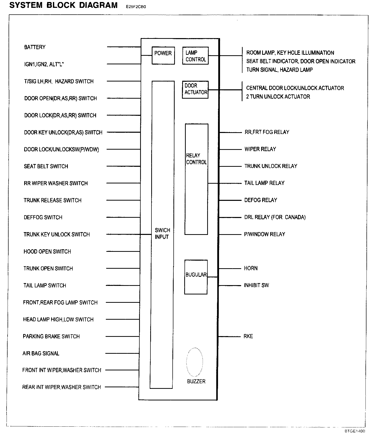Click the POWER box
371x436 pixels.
(x=163, y=55)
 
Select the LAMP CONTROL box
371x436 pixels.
(x=195, y=56)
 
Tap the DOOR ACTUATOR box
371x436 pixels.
(x=195, y=89)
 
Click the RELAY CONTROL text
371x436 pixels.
(x=196, y=159)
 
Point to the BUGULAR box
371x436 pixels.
(x=196, y=277)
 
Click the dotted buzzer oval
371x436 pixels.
(x=195, y=362)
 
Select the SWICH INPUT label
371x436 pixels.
(x=162, y=233)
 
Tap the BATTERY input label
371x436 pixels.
(x=35, y=47)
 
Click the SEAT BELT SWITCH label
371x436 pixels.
(x=46, y=167)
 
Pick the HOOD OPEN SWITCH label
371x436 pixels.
(x=47, y=252)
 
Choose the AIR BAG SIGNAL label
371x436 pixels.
(x=41, y=353)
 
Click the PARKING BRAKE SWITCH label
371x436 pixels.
(x=51, y=337)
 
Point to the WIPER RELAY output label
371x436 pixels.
(x=260, y=149)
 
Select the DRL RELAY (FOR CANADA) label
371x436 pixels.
(x=275, y=217)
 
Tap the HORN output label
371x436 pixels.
(x=251, y=268)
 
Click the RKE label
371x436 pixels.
(x=248, y=336)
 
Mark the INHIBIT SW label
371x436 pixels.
(x=256, y=285)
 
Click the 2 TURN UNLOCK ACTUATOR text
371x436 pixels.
(x=278, y=97)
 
